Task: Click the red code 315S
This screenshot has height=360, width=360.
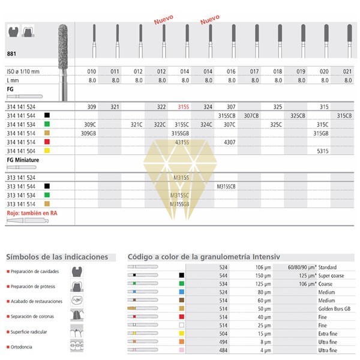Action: point(184,106)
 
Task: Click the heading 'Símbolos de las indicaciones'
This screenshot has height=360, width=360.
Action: point(57,257)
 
